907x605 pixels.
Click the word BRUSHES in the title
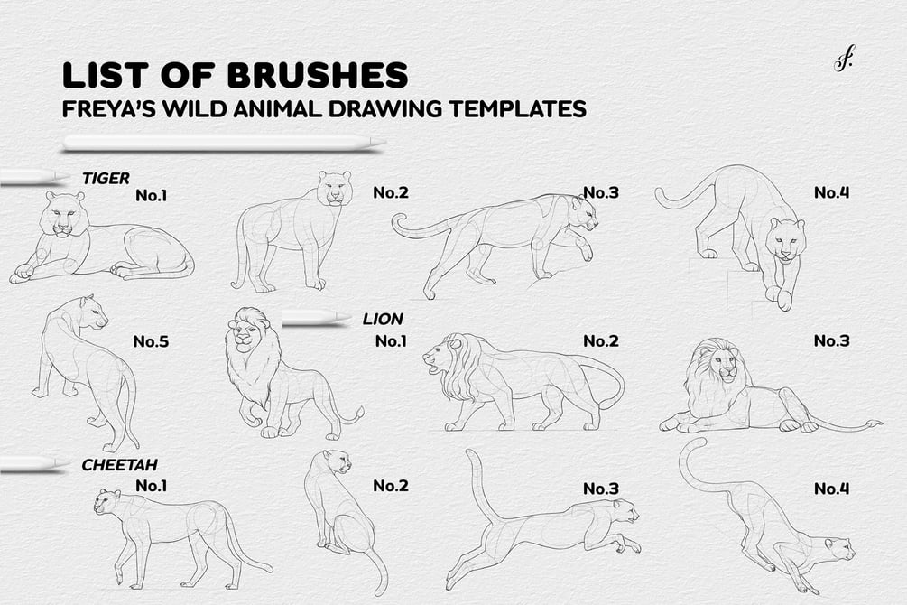[318, 75]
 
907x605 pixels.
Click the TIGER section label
[106, 178]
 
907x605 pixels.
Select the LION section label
[383, 319]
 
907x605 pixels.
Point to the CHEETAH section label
[120, 465]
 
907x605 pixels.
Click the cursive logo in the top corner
[843, 60]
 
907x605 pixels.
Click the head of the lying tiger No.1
[65, 214]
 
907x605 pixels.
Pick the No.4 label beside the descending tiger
[832, 192]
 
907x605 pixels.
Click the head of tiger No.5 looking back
[93, 312]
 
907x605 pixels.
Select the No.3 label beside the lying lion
[832, 340]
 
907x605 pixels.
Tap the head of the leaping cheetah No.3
[625, 511]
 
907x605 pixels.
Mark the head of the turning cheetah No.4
[838, 549]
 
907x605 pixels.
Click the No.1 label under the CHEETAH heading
[151, 485]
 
